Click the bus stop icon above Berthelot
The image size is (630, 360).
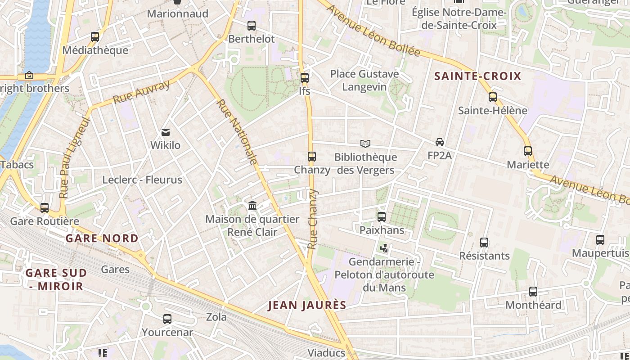point(252,26)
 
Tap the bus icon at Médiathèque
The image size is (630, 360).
point(95,37)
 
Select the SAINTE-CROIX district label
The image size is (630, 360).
point(477,76)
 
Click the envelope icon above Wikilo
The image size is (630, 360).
point(166,132)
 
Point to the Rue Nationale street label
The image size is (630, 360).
point(238,132)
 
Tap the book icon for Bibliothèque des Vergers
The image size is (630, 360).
point(365,144)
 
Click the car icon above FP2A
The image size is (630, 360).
point(440,142)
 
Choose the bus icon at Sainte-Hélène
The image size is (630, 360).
point(493,97)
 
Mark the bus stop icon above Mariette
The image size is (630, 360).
point(528,151)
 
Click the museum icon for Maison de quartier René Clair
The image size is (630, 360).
point(252,206)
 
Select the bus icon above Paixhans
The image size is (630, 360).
point(382,217)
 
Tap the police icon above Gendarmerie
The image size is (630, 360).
point(384,248)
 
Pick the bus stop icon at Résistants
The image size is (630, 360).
point(484,243)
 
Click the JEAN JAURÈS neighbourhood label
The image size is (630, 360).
point(307,305)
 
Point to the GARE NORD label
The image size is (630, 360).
point(102,238)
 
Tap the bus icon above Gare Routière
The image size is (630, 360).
point(45,208)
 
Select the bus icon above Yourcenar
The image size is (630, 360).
point(167,319)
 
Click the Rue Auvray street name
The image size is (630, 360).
point(141,92)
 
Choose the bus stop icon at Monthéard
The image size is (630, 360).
point(533,292)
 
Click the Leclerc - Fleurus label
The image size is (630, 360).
point(142,180)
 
